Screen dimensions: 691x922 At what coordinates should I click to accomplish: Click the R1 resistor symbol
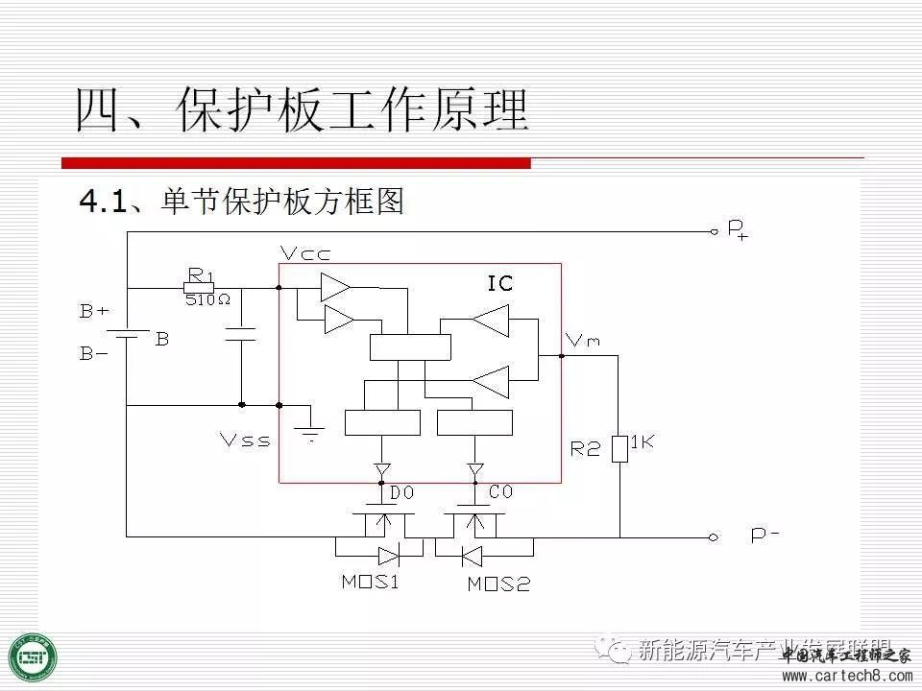[199, 287]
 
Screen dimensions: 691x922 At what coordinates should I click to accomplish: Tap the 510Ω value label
[208, 299]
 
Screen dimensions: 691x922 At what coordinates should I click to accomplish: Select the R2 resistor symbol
[619, 448]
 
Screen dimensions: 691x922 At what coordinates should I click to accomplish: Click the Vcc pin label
[305, 253]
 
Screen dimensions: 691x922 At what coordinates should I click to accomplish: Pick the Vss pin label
[245, 441]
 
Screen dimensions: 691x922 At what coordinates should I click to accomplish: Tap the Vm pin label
[584, 340]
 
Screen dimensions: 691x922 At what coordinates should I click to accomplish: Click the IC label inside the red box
[500, 283]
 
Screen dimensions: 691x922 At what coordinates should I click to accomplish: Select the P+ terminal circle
[714, 231]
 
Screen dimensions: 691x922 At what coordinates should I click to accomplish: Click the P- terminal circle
[714, 537]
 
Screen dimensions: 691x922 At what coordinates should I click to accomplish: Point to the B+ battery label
[94, 311]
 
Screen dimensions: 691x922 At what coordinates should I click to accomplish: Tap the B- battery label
[94, 354]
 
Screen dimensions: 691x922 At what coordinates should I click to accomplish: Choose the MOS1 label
[370, 582]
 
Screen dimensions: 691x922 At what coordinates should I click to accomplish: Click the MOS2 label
[498, 584]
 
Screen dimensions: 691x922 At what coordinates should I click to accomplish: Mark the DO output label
[401, 492]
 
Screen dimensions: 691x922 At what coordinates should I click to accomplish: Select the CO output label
[500, 492]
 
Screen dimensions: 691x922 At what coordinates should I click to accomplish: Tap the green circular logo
[33, 658]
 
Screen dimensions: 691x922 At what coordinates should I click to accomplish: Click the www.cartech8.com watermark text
[846, 677]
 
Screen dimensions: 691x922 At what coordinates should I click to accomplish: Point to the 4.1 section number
[103, 202]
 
